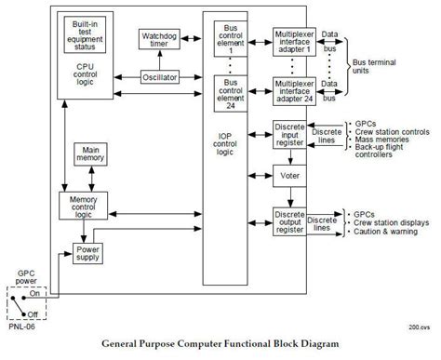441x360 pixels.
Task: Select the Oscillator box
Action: coord(160,77)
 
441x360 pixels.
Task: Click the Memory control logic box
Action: coord(89,207)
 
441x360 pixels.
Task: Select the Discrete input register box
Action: coord(289,135)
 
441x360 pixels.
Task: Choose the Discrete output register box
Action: coord(289,221)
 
